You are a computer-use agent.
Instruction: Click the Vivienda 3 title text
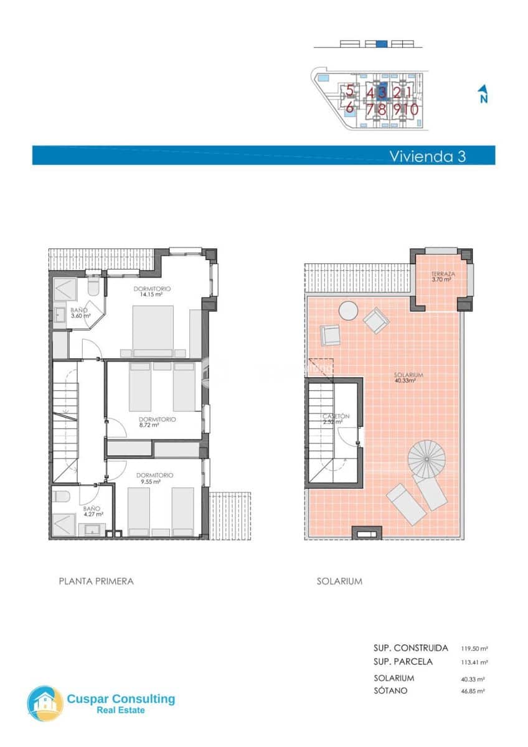(x=427, y=156)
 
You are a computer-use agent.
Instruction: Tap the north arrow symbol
(x=483, y=93)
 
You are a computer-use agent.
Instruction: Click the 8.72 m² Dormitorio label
(x=157, y=423)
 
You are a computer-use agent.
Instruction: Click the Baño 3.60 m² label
(x=80, y=313)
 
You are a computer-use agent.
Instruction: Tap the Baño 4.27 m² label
(x=92, y=511)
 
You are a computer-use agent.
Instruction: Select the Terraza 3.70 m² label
(x=441, y=277)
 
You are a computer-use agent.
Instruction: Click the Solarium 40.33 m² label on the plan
(x=408, y=378)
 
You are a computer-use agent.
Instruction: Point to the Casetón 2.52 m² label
(x=336, y=419)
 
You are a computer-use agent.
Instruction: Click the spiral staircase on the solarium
(x=427, y=459)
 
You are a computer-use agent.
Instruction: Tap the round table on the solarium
(x=347, y=311)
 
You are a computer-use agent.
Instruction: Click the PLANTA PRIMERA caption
(x=96, y=581)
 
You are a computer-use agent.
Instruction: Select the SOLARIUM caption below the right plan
(x=339, y=581)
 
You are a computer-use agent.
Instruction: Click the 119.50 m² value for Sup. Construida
(x=474, y=648)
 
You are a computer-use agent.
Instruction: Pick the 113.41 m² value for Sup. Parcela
(x=474, y=662)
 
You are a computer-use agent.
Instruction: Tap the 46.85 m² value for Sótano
(x=473, y=691)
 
